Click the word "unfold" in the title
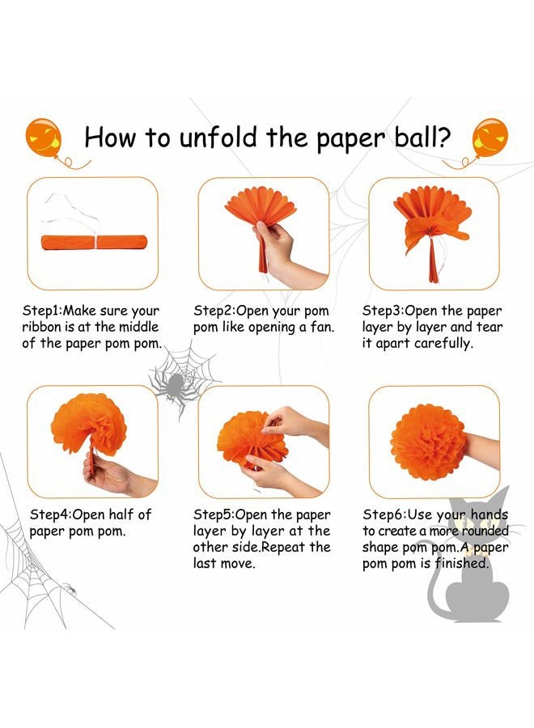pos(218,138)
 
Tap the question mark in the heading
pos(443,137)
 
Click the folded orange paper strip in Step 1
pos(94,243)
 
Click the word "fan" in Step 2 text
pos(320,327)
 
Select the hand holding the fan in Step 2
pos(283,251)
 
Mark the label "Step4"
pos(49,515)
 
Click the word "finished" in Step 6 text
pos(460,564)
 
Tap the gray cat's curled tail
pos(435,590)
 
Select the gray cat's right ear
pos(501,497)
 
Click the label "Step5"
pos(213,515)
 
